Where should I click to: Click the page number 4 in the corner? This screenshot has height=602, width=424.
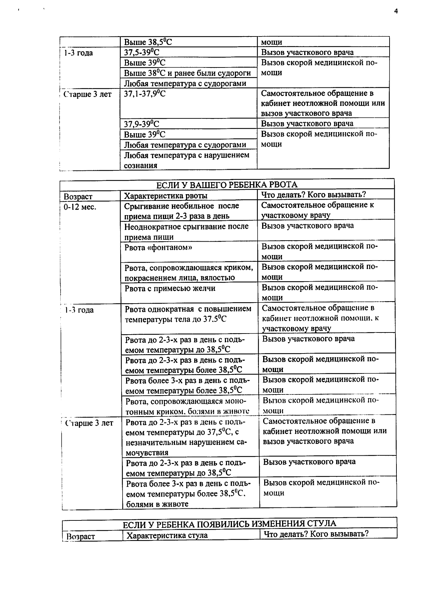pos(396,11)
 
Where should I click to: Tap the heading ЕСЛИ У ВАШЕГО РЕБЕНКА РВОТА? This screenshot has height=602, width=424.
pos(227,185)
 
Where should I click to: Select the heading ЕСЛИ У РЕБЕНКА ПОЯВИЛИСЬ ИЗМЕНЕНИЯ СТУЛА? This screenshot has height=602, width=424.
pos(229,524)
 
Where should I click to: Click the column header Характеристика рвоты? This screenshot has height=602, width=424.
pos(166,196)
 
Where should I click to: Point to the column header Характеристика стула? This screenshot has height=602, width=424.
pos(167,535)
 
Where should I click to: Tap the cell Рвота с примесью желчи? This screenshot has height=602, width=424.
pos(170,288)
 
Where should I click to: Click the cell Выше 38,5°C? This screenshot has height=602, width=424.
pos(148,42)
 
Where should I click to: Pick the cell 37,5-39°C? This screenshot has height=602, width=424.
pos(142,52)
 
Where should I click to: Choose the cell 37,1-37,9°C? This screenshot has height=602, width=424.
pos(145,93)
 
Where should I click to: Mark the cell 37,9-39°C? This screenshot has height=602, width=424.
pos(142,124)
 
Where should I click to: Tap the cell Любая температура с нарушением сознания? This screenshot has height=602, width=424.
pos(186,160)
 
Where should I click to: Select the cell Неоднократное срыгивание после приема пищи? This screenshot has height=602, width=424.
pos(186,231)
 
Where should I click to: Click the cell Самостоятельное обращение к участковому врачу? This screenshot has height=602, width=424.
pos(317,210)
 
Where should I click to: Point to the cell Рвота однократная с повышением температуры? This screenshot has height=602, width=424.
pos(188,314)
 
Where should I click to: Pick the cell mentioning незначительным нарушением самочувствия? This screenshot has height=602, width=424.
pos(186,437)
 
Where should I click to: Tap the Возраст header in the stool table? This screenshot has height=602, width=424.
pos(80,536)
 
